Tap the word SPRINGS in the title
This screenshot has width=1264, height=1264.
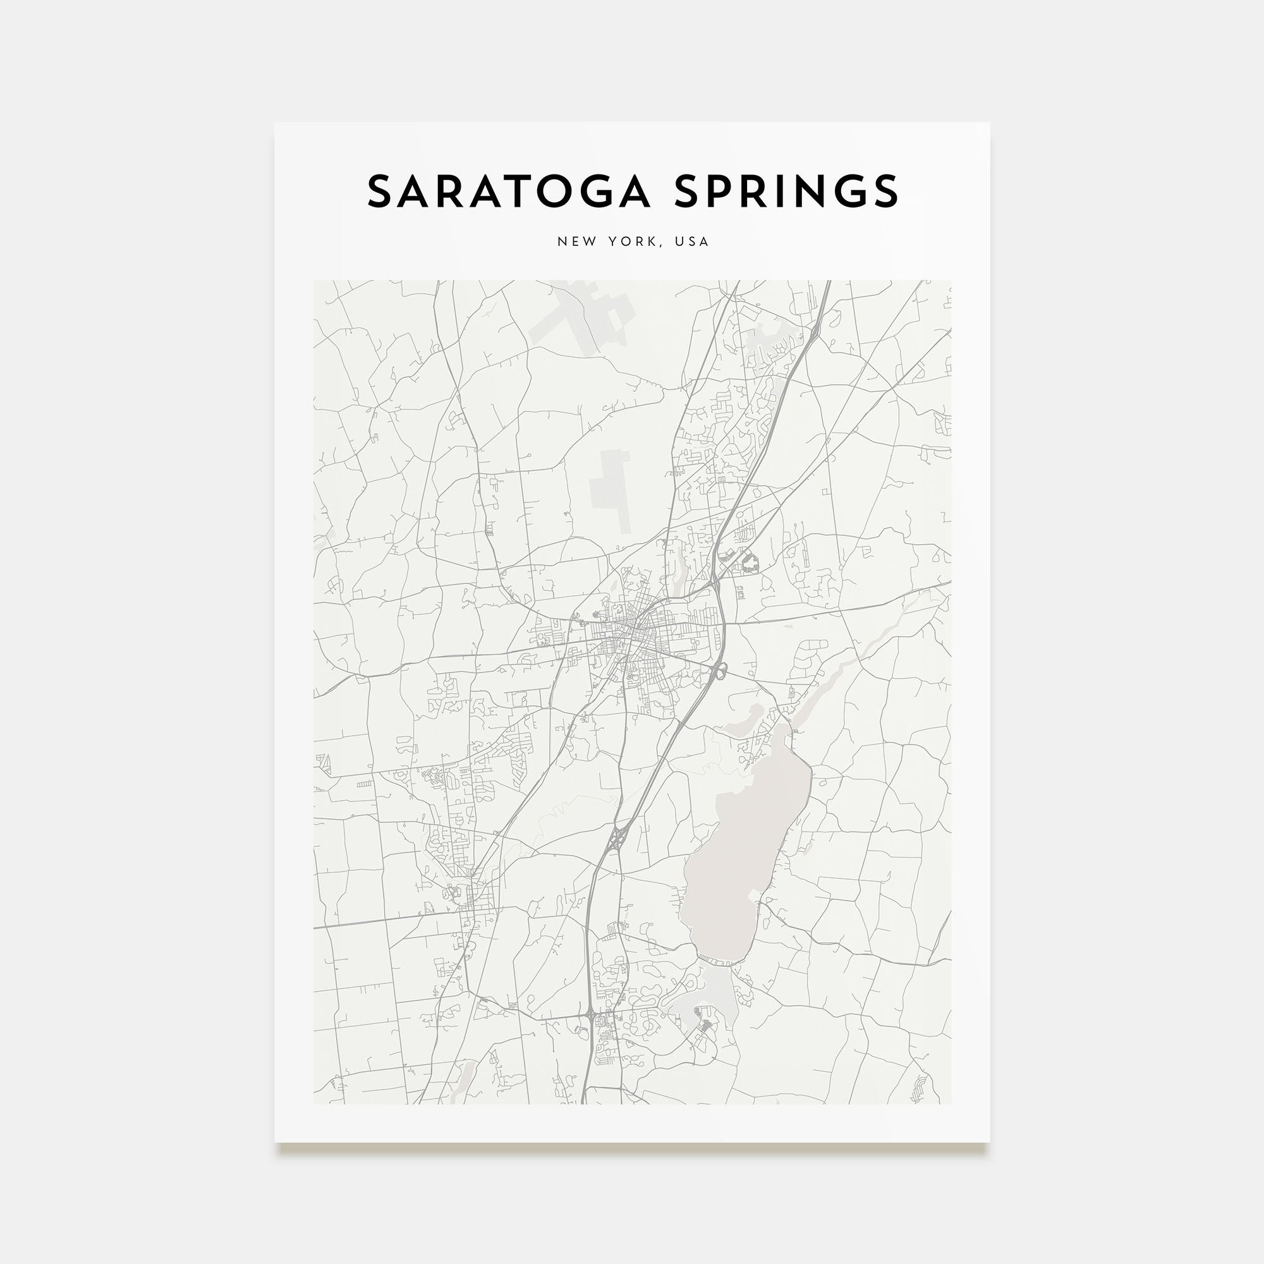(786, 191)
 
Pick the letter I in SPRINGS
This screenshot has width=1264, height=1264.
(794, 191)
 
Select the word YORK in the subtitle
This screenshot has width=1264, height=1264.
(630, 241)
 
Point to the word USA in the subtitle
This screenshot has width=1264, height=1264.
(692, 241)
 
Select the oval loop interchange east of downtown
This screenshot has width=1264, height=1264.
(720, 669)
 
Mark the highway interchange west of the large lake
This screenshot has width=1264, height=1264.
(618, 837)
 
